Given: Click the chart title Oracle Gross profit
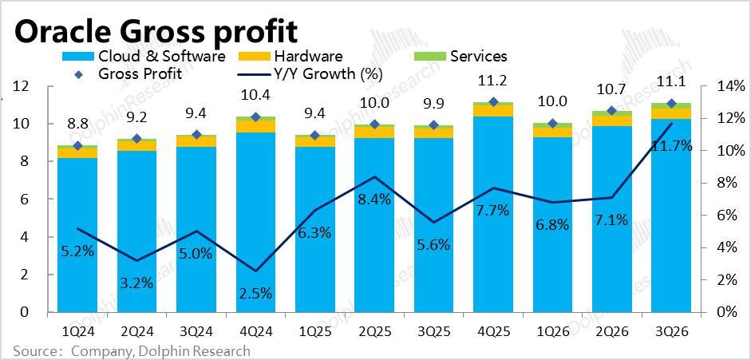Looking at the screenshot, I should click(156, 31).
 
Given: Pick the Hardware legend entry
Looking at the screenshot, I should click(307, 56).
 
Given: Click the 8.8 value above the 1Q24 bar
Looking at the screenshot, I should click(77, 124).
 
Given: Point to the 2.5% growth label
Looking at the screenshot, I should click(255, 293).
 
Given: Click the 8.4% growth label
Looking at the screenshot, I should click(374, 200).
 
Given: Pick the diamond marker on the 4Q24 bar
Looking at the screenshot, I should click(255, 117).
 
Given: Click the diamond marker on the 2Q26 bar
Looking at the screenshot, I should click(611, 111).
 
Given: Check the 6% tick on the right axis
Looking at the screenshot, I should click(732, 216).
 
